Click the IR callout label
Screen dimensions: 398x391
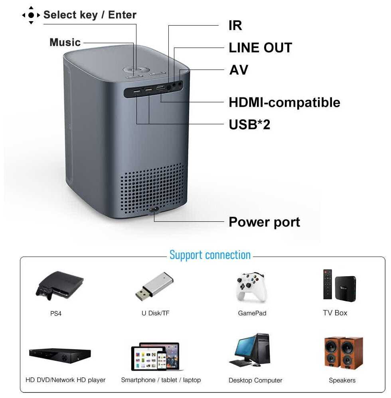point(235,26)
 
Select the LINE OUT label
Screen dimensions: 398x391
point(260,48)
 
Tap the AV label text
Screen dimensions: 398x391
point(239,70)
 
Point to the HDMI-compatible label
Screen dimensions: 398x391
point(284,102)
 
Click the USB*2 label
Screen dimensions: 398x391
point(249,125)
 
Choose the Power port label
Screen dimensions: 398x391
point(264,222)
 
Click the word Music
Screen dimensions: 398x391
point(65,42)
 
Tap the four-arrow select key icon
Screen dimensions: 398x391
point(31,15)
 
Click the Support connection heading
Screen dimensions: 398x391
point(210,255)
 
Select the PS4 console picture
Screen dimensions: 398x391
point(60,285)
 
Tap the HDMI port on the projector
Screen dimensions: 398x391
point(160,88)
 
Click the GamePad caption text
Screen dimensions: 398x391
point(252,313)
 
